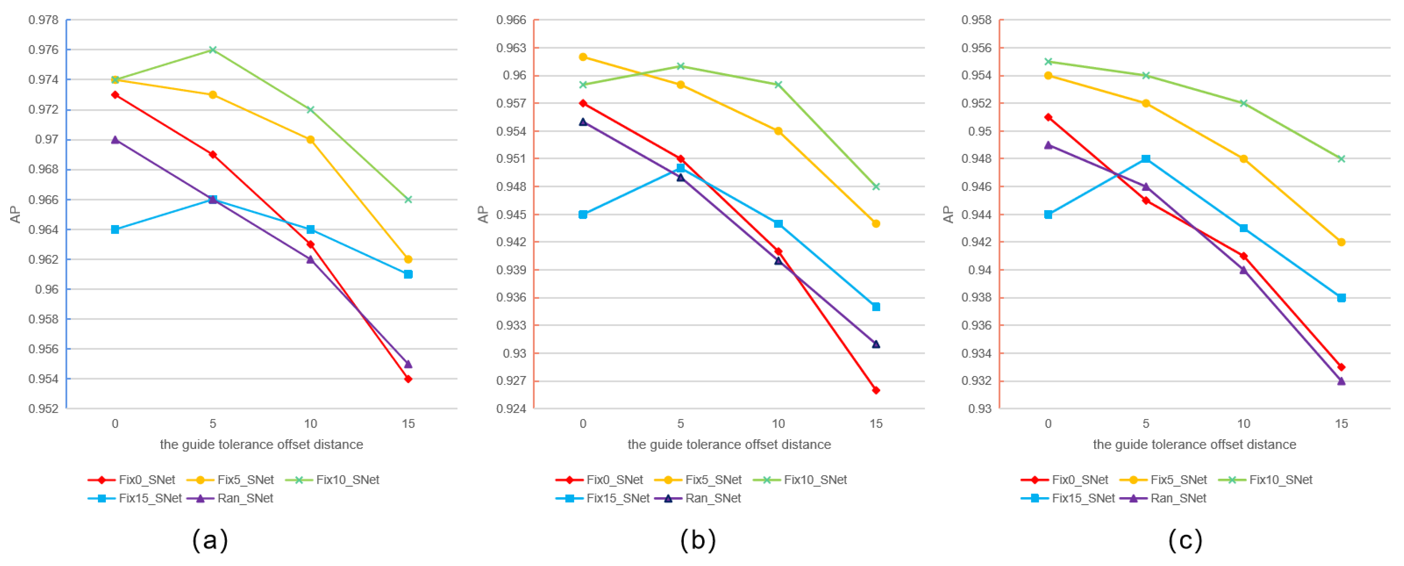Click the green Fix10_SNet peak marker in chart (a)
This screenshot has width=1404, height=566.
coord(213,50)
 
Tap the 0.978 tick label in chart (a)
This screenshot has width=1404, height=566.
coord(44,20)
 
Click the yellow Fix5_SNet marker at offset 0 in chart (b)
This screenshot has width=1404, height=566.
coord(583,57)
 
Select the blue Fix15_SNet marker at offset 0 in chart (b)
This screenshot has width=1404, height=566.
coord(583,214)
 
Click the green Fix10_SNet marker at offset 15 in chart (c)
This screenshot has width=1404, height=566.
coord(1341,159)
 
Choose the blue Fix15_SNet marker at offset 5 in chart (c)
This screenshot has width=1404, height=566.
coord(1146,159)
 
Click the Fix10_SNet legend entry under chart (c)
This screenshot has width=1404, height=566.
coord(1265,480)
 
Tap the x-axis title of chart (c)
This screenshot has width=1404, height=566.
coord(1194,445)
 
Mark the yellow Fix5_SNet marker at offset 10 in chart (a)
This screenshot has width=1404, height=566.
coord(310,140)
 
